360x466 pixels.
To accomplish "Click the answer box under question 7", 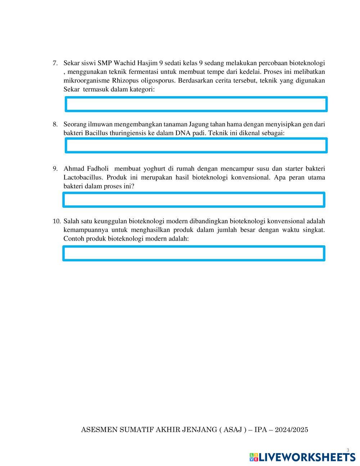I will tap(196, 104).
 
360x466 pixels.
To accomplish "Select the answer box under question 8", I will tap(196, 145).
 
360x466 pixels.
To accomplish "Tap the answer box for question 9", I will tap(194, 200).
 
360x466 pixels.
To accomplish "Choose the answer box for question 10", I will tap(194, 254).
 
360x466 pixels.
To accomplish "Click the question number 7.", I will tap(55, 63).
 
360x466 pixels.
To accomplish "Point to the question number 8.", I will tap(55, 124).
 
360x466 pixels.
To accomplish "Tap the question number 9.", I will tap(55, 169).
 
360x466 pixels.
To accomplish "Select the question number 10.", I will tap(57, 221).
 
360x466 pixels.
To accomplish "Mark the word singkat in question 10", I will tap(313, 230).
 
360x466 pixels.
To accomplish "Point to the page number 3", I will tap(348, 450).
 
